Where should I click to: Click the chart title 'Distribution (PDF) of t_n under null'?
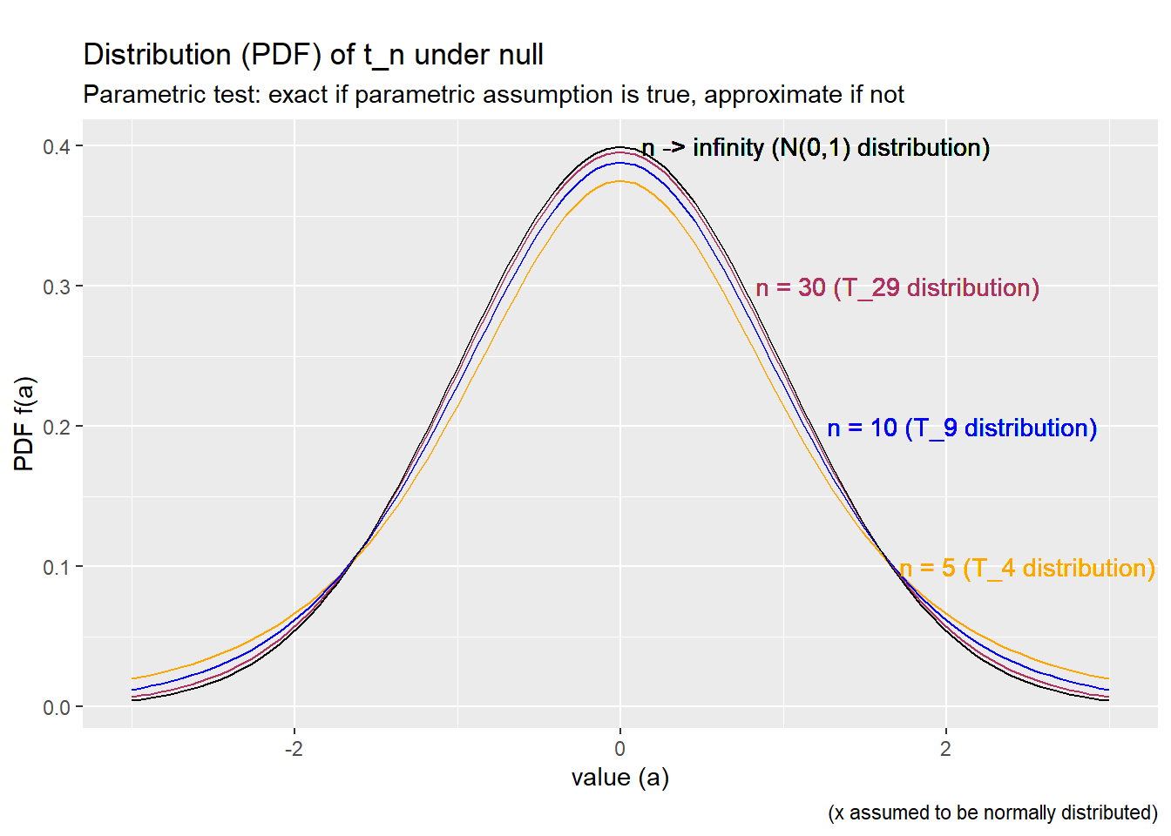(313, 55)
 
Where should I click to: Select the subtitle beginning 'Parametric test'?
(493, 94)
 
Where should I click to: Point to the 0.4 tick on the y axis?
(57, 146)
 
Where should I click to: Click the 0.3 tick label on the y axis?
(57, 287)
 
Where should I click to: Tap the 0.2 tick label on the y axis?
(57, 427)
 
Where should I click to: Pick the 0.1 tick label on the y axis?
(57, 567)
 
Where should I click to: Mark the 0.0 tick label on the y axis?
(57, 707)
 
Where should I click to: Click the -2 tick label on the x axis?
(294, 749)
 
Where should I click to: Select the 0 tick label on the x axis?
(619, 749)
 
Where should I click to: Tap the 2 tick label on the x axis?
(945, 749)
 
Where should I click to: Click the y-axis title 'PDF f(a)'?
(24, 424)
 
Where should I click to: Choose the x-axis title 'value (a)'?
(619, 778)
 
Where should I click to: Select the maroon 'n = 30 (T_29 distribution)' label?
(897, 287)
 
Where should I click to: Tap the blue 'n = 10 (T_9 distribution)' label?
(962, 428)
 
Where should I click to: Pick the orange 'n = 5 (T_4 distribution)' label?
(1027, 568)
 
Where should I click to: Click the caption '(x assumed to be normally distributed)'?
(992, 812)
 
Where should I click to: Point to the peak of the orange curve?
(619, 181)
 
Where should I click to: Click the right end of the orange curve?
(1108, 678)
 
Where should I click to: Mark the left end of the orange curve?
(132, 678)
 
